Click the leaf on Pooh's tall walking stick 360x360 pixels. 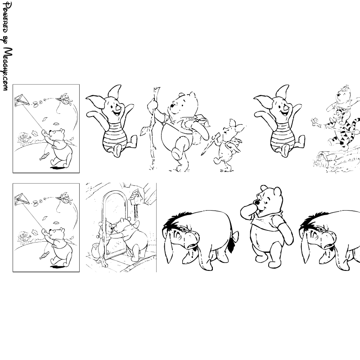point(144,131)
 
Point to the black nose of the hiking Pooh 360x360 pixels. point(172,106)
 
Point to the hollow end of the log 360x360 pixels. point(321,160)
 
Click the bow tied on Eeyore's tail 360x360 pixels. point(234,236)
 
